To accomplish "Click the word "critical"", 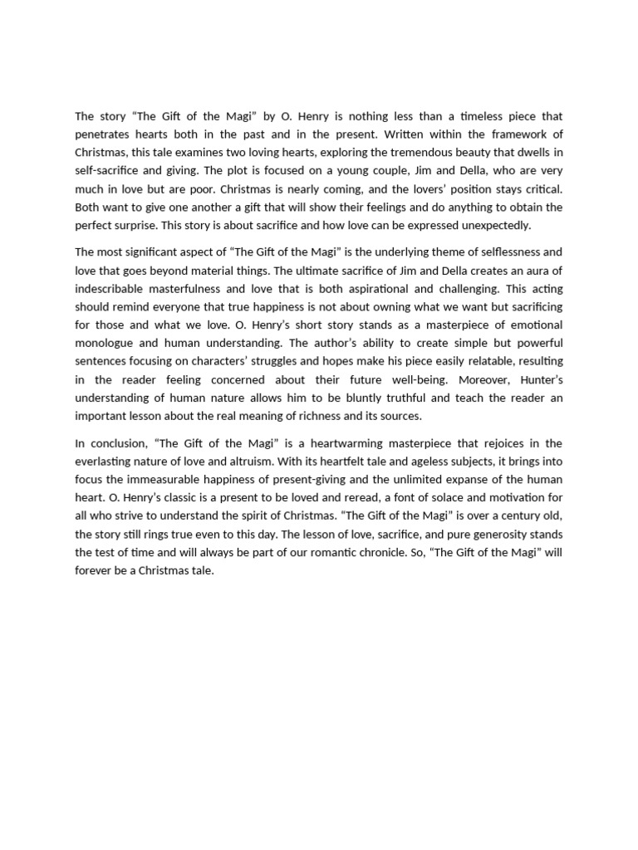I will (x=539, y=189).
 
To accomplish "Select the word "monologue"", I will (x=104, y=342).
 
